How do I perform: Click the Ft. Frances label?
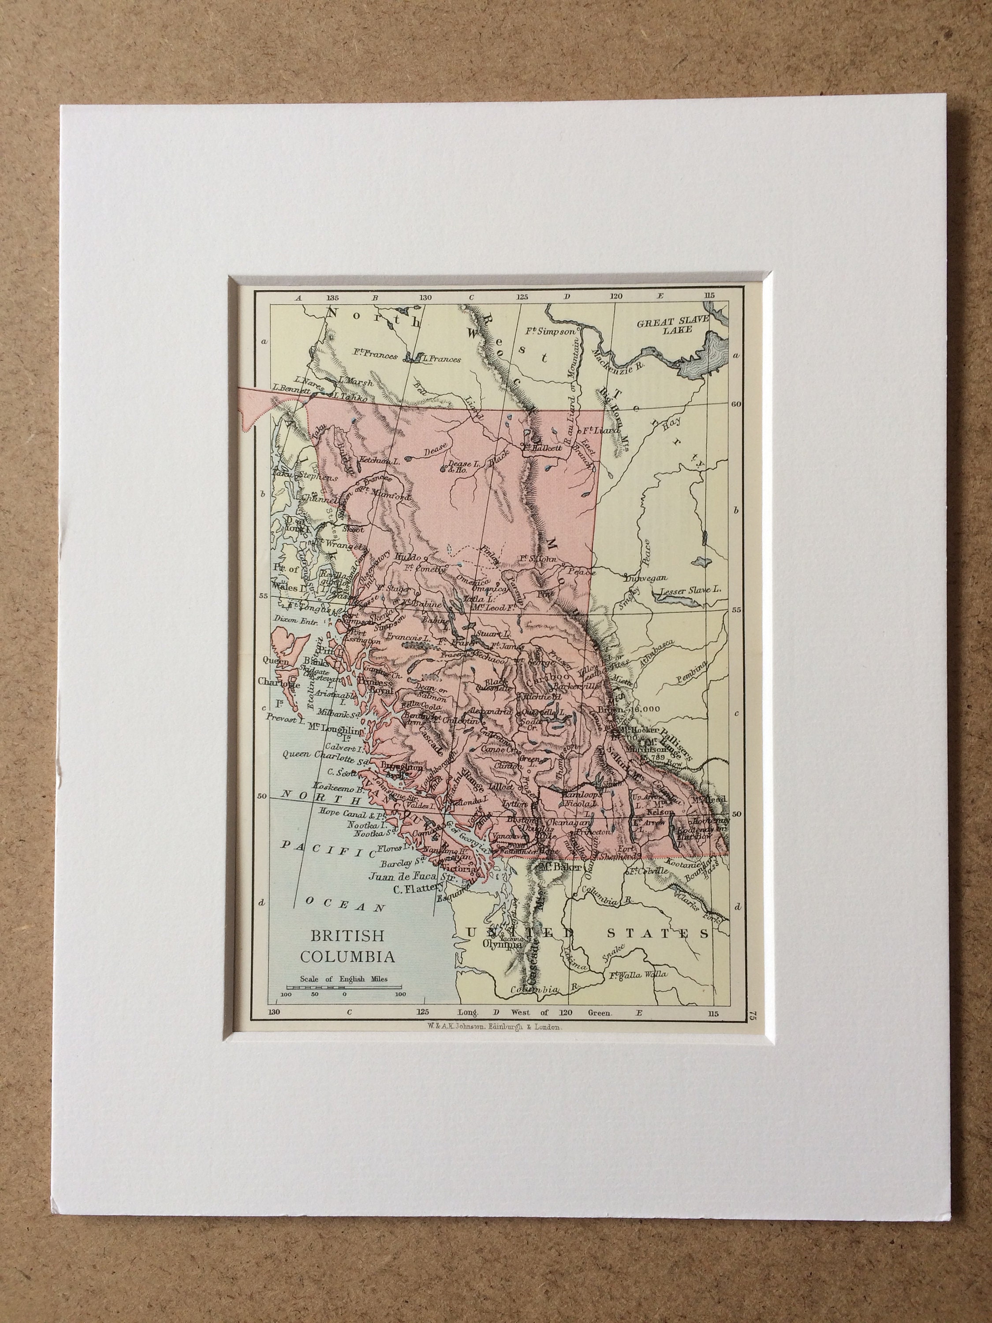(x=374, y=356)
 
